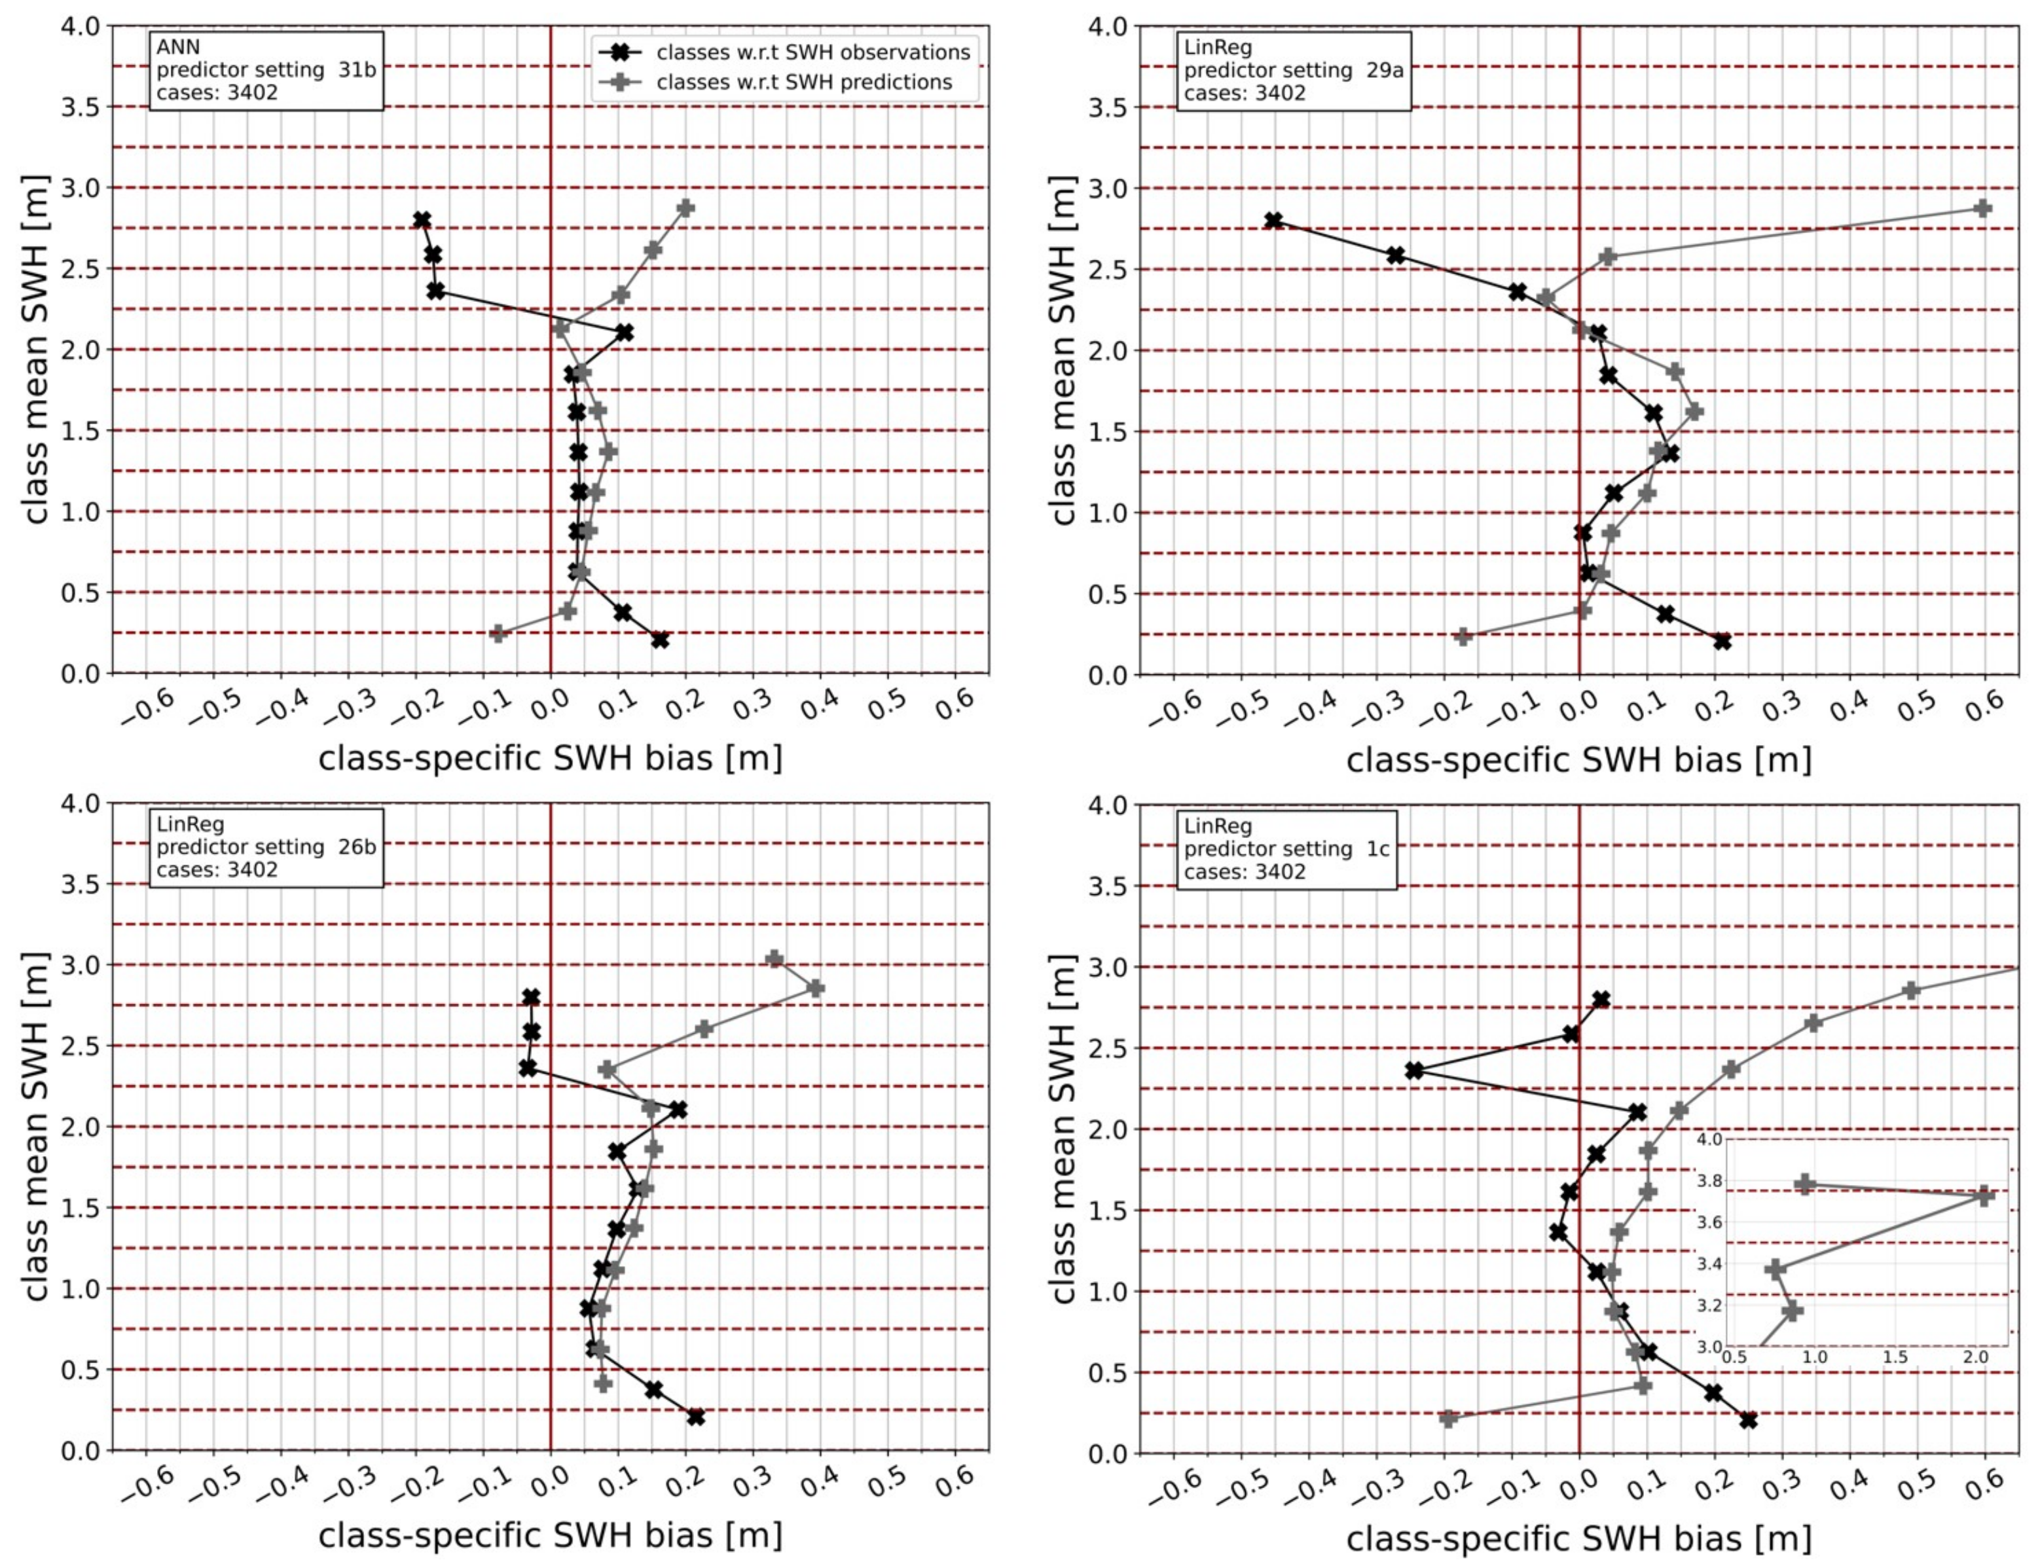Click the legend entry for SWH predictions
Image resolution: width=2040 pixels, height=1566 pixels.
click(803, 82)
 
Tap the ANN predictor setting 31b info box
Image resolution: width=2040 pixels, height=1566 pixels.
click(266, 71)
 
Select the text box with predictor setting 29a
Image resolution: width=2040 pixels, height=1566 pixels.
click(1292, 71)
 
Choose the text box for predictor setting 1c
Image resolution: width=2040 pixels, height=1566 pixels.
click(1286, 849)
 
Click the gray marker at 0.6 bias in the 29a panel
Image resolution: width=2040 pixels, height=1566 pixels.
click(1983, 208)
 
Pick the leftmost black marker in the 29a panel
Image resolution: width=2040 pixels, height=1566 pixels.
click(1274, 221)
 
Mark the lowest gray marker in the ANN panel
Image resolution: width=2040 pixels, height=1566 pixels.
click(499, 634)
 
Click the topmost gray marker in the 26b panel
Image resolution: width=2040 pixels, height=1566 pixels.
click(774, 959)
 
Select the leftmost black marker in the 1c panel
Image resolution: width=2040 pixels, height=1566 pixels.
click(1415, 1071)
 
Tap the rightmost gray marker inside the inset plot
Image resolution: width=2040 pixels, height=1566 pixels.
click(1985, 1196)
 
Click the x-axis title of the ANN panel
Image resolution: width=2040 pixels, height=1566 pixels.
click(550, 758)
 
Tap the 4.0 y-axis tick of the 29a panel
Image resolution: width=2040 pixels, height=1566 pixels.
click(1108, 27)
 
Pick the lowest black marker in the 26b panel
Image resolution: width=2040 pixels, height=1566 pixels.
click(695, 1418)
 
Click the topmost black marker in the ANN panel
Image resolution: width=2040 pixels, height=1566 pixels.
click(422, 220)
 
